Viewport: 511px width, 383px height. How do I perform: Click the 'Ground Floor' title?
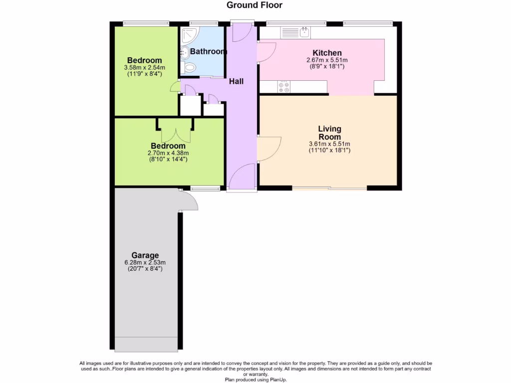click(255, 5)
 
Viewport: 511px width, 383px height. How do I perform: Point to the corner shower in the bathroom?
click(189, 35)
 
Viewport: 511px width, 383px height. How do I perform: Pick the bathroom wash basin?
click(184, 51)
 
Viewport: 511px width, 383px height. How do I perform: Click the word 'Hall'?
click(236, 81)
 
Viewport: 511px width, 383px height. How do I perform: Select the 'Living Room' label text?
click(329, 133)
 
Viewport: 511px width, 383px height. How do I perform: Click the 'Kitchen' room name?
click(327, 53)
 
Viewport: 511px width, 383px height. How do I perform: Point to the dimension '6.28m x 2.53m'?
click(145, 262)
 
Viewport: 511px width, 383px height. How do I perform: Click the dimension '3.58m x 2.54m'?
click(144, 68)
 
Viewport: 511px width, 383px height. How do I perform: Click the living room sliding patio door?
click(329, 188)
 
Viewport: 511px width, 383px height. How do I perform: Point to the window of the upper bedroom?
click(146, 23)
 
